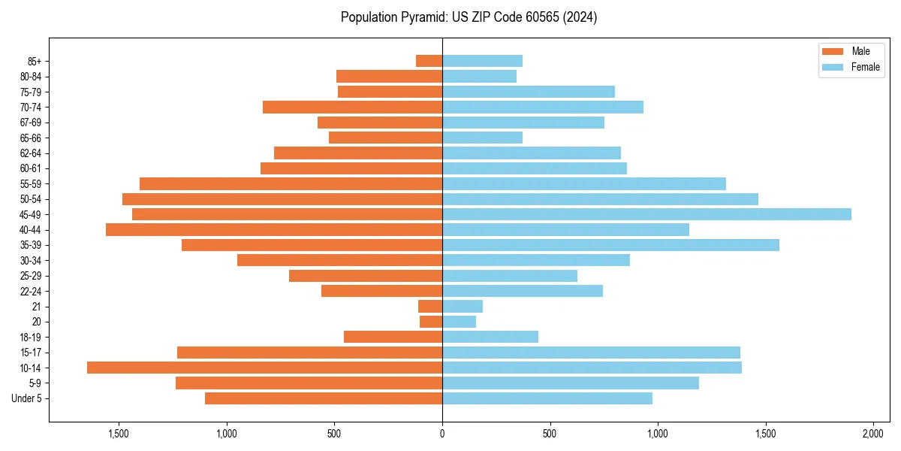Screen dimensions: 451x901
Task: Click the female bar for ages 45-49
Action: coord(646,214)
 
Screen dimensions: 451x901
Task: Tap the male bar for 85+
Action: coord(429,61)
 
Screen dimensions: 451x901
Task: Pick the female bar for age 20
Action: coord(459,322)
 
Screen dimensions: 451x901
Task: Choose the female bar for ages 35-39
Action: coord(610,245)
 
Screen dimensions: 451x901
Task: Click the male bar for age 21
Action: coord(430,306)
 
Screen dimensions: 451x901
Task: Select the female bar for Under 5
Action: coord(547,398)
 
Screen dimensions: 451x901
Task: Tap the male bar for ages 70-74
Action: coord(352,107)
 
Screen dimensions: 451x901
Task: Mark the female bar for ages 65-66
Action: coord(482,138)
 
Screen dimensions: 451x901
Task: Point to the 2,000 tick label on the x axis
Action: coord(872,434)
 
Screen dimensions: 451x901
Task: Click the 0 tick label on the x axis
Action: coord(442,434)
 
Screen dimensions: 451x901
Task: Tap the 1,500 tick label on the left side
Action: coord(119,434)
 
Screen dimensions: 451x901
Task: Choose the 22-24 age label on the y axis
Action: coord(31,291)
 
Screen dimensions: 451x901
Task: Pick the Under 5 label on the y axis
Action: coord(27,398)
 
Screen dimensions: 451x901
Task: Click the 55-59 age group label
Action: coord(31,183)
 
